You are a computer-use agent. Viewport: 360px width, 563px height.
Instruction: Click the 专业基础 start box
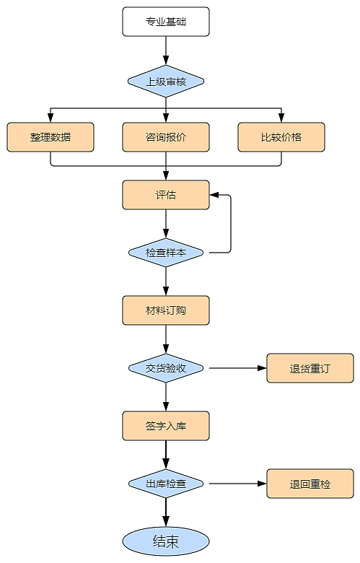coord(166,22)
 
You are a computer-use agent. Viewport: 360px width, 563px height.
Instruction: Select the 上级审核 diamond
coord(166,81)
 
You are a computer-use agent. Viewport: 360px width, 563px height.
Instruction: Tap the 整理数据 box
coord(51,137)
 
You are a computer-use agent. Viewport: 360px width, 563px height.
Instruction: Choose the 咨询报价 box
coord(166,137)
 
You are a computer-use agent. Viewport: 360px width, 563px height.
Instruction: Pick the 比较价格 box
coord(281,137)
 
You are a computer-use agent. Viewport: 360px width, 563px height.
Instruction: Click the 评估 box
coord(166,195)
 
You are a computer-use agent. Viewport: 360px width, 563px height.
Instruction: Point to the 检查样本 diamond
coord(166,253)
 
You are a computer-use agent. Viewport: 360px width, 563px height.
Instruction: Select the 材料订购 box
coord(166,310)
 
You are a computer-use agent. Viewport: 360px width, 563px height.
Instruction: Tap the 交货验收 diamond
coord(166,368)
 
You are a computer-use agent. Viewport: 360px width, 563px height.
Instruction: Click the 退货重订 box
coord(310,368)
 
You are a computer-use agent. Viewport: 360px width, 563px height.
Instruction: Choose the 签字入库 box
coord(166,426)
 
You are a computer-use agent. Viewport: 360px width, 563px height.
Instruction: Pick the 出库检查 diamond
coord(166,484)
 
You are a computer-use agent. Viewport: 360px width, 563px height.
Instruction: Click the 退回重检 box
coord(310,484)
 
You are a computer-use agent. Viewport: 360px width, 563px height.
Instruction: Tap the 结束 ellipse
coord(166,541)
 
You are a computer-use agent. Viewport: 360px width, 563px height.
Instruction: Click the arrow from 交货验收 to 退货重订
coord(238,368)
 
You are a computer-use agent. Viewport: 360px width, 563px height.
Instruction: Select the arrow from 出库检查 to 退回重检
coord(238,484)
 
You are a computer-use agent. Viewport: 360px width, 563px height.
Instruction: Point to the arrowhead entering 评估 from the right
coord(214,195)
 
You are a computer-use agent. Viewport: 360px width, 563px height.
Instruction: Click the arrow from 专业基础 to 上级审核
coord(166,51)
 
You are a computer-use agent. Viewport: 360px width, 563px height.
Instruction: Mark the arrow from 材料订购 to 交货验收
coord(166,339)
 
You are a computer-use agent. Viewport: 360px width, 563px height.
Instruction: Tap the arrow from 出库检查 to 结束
coord(166,512)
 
